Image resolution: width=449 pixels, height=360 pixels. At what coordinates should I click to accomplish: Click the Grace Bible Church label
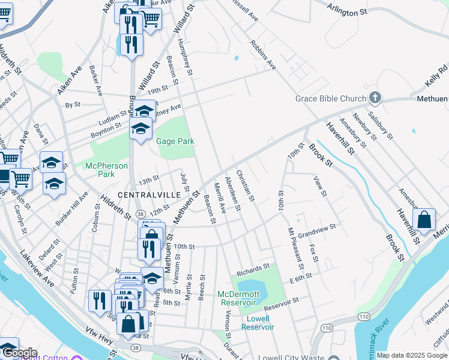[330, 99]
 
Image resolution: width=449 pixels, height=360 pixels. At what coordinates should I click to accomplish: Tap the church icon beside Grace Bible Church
[375, 97]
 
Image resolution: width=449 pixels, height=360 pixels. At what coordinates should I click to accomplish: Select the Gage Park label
[175, 142]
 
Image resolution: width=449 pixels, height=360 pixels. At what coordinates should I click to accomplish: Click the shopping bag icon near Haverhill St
[424, 220]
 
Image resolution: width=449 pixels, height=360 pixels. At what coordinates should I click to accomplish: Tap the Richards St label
[253, 270]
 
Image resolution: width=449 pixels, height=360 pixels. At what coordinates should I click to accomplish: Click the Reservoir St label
[298, 301]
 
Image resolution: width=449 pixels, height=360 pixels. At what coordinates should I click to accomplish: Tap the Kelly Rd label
[433, 76]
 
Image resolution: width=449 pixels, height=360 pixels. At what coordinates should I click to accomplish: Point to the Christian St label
[246, 185]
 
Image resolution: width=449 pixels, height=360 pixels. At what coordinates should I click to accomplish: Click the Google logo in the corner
[19, 353]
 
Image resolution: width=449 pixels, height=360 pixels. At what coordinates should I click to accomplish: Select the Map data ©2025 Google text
[412, 355]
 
